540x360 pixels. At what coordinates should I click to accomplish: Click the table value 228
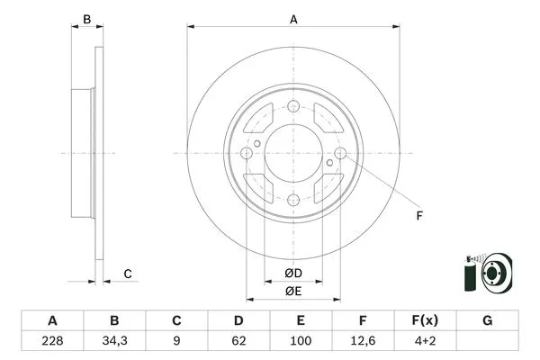point(52,341)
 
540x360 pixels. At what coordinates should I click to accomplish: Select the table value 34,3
point(114,341)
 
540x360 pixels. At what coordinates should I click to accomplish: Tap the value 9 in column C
point(177,341)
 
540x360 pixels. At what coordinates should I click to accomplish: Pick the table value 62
point(238,341)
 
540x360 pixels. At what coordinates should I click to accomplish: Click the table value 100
point(301,341)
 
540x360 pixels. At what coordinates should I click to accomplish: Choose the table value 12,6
point(363,341)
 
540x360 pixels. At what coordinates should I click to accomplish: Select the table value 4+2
point(425,341)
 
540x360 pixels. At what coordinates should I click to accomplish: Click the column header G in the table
point(487,320)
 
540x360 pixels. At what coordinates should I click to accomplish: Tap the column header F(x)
point(425,320)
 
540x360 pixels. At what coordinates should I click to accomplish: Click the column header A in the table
point(52,320)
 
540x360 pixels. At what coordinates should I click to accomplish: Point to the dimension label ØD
point(292,274)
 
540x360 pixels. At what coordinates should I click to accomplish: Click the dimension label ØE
point(292,291)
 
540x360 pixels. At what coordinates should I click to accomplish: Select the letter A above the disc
point(293,19)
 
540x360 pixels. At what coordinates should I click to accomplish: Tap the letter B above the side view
point(86,19)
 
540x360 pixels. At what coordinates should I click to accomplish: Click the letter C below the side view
point(128,274)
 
